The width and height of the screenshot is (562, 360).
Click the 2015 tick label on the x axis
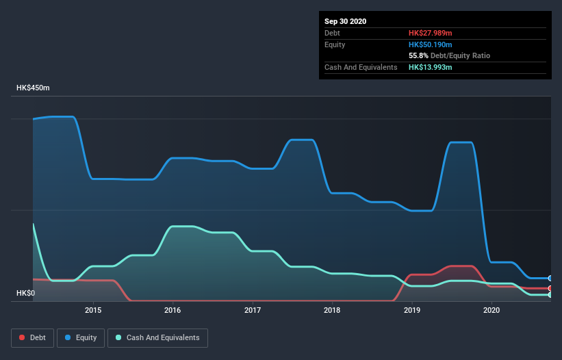[x=93, y=310]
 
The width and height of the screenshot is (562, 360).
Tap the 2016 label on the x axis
[x=173, y=310]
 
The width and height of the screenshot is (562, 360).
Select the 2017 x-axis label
[x=253, y=310]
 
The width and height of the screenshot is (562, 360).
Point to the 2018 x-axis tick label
[x=332, y=310]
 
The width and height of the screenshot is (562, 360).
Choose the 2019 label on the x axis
[x=412, y=310]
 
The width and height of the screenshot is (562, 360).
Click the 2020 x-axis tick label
[x=491, y=310]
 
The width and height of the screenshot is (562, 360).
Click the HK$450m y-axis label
[x=34, y=88]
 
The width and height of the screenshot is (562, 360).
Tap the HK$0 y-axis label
[x=25, y=294]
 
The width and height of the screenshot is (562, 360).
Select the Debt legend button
[x=31, y=337]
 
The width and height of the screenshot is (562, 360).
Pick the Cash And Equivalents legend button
[x=157, y=337]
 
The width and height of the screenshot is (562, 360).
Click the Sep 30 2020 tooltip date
[x=345, y=21]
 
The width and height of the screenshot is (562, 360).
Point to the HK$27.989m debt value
[x=430, y=33]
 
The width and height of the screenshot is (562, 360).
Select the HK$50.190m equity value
[x=431, y=44]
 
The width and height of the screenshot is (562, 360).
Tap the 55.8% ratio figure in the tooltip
[x=418, y=55]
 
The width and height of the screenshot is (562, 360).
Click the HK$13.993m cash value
[x=430, y=67]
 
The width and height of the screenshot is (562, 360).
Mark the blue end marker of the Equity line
[x=550, y=279]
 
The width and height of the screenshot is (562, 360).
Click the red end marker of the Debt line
[x=550, y=289]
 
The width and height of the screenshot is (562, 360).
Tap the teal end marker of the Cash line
[x=550, y=295]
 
